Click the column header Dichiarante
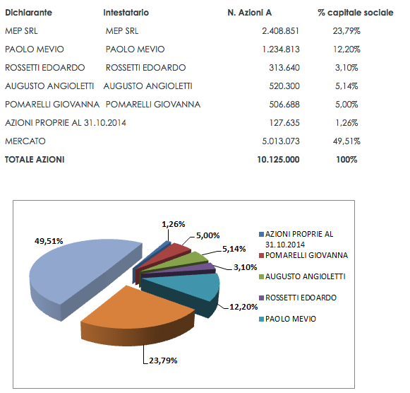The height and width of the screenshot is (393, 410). pos(28,13)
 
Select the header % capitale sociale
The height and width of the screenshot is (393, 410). pos(356,13)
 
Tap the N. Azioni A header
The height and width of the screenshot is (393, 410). pos(249,13)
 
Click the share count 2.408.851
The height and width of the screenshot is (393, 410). pos(281,31)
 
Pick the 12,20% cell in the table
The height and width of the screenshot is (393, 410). pos(346,49)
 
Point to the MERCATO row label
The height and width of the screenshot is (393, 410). pos(25,141)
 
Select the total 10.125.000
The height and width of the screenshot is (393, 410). pos(278,160)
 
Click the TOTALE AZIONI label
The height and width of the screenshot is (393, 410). pos(35,160)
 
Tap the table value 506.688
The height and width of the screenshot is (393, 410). pos(284,105)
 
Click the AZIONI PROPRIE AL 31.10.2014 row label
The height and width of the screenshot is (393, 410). pos(66,123)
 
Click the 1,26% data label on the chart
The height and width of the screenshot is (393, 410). pos(174,224)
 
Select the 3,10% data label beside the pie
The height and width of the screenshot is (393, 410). pos(246,267)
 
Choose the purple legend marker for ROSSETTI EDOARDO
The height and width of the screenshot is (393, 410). pos(261,298)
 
